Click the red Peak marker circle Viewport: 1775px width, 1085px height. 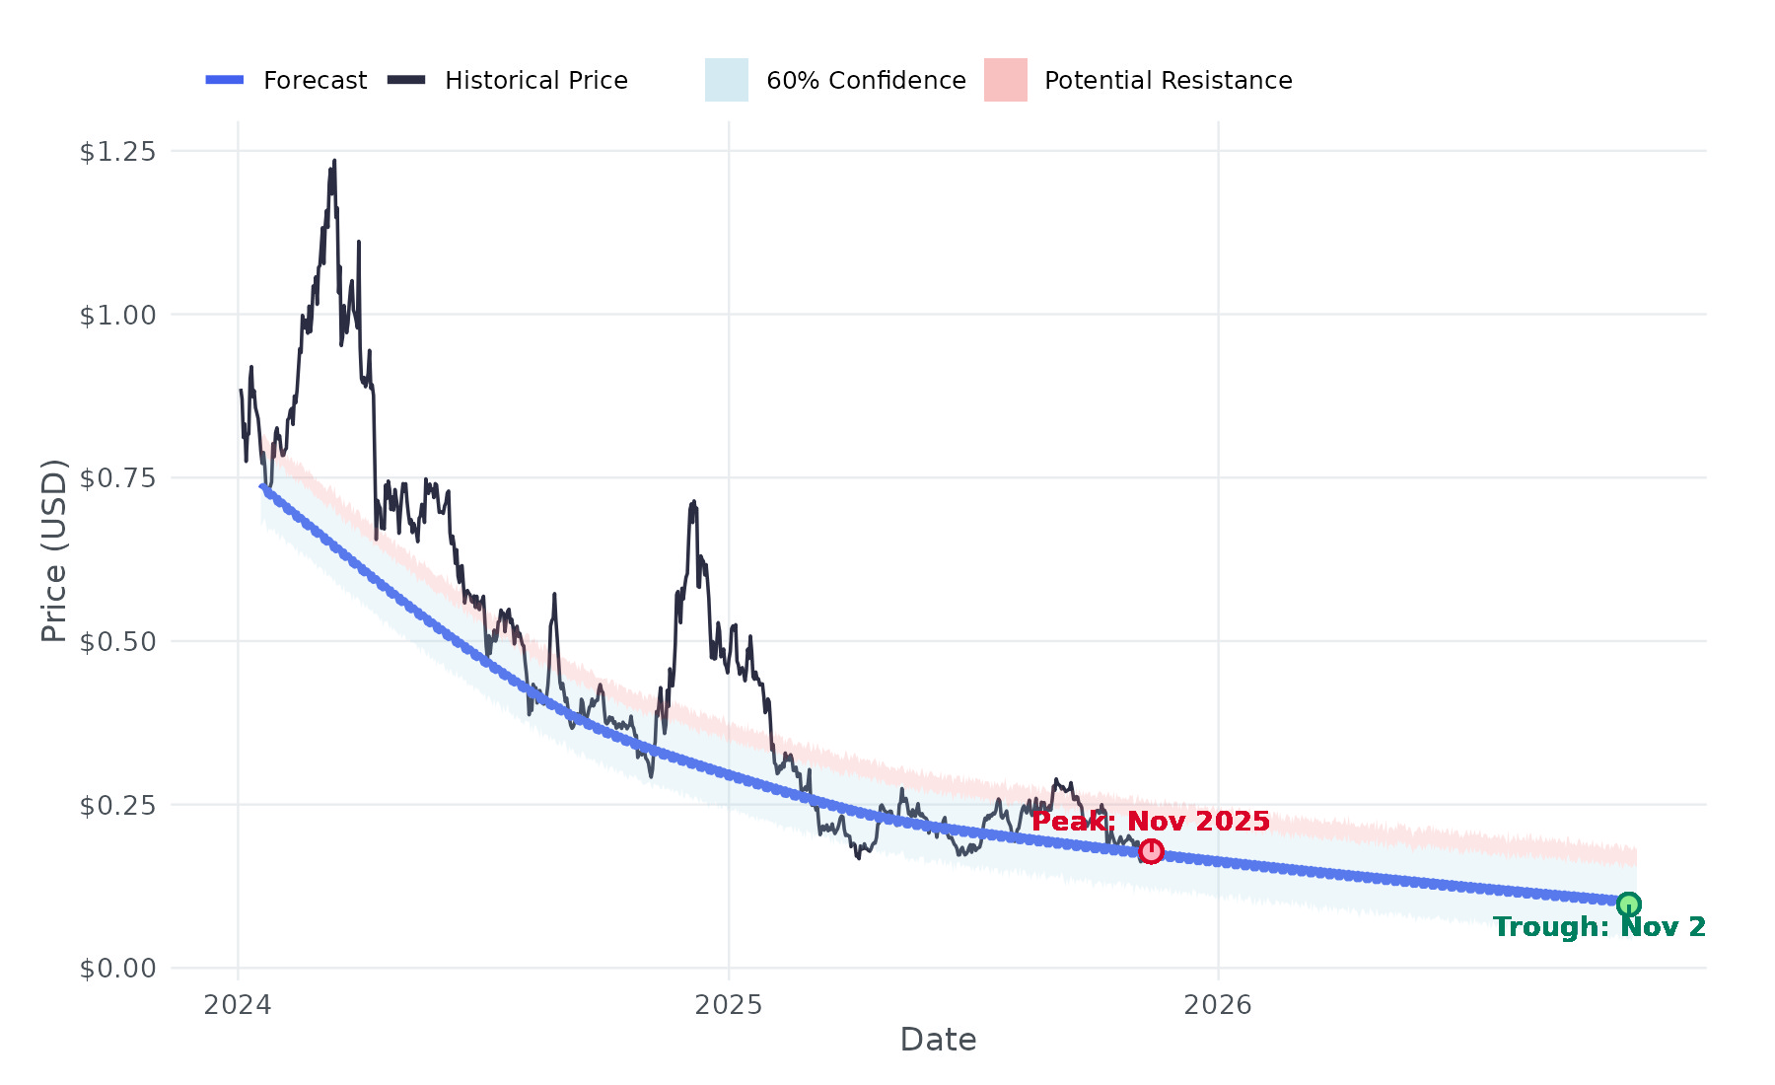[x=1151, y=851]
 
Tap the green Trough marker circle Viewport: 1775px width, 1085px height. [x=1628, y=904]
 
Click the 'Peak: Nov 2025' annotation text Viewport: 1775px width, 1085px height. [x=1151, y=822]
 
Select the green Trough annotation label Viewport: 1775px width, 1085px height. [x=1598, y=927]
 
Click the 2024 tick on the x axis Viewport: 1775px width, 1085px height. [x=238, y=1005]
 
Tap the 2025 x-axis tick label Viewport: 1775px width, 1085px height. [x=729, y=1005]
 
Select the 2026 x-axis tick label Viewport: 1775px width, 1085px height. [x=1218, y=1005]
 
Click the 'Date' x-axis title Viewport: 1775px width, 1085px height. [x=938, y=1040]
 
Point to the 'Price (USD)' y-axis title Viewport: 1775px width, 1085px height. [x=54, y=550]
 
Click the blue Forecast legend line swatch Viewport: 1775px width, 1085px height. [x=225, y=80]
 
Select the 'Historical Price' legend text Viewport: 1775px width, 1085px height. [x=536, y=81]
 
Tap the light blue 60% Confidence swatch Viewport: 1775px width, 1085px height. [x=727, y=80]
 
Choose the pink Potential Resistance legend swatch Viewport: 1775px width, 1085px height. [x=1006, y=80]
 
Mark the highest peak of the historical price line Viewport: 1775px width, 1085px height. [x=334, y=161]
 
